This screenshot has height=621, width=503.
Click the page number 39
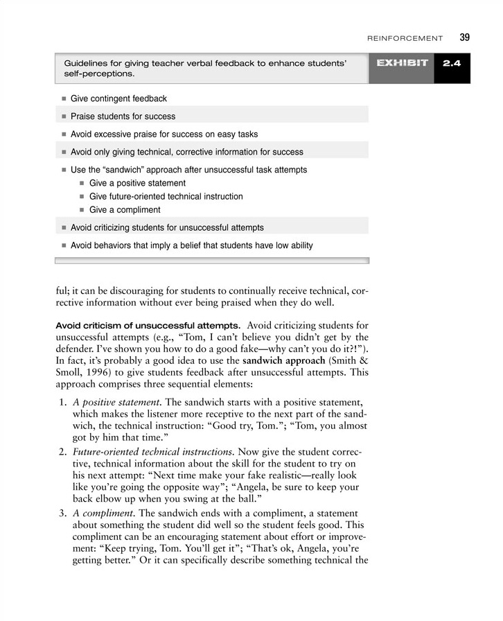tap(464, 37)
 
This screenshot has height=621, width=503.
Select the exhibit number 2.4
tap(452, 64)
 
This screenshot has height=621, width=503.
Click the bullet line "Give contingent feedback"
tap(118, 99)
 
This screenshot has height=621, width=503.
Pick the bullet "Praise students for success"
tap(123, 116)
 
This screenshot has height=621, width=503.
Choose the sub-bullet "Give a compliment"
tap(125, 209)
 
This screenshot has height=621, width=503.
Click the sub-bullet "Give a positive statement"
tap(137, 183)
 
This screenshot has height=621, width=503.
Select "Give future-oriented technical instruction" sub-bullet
tap(166, 196)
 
